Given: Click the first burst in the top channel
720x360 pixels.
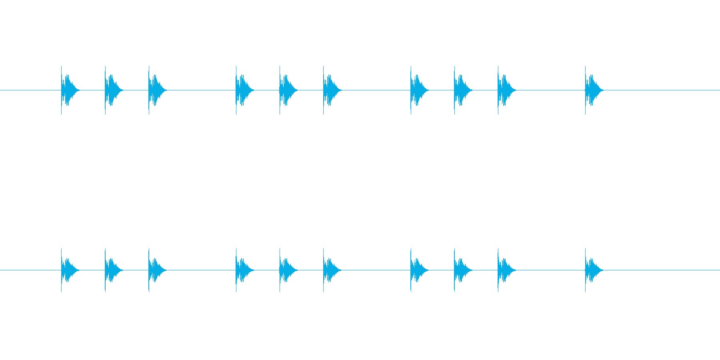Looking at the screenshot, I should tap(68, 90).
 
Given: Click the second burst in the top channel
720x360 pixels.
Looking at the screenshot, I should tap(112, 90).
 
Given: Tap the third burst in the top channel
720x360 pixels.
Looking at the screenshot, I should tap(155, 90).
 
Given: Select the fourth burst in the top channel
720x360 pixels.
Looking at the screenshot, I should tap(242, 90).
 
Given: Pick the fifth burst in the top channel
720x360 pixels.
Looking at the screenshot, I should tap(286, 90).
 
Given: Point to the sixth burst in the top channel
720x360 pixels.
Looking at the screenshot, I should tap(330, 90).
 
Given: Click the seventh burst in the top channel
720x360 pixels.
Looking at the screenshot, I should tap(417, 90).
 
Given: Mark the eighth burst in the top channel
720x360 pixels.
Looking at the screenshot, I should tap(461, 90).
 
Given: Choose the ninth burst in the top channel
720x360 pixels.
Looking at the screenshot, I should tap(504, 90).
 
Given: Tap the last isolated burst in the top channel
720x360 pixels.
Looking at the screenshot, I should tap(592, 90).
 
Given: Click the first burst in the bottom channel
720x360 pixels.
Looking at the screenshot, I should tap(68, 270).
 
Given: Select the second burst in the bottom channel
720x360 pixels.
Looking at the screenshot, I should tap(112, 270).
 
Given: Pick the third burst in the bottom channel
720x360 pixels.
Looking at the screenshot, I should tap(155, 270).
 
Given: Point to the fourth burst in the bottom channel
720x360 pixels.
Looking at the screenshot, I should tap(242, 270).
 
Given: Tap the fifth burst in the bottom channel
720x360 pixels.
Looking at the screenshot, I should tap(286, 270).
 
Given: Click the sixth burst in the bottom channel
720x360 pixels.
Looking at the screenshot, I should tap(330, 270).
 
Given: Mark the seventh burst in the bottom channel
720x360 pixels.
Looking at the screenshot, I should tap(417, 270).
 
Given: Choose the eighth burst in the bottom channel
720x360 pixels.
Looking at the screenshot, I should tap(461, 270).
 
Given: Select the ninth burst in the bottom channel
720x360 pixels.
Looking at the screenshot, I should tap(504, 270).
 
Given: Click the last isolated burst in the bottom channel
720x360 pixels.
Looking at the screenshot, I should tap(592, 270).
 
